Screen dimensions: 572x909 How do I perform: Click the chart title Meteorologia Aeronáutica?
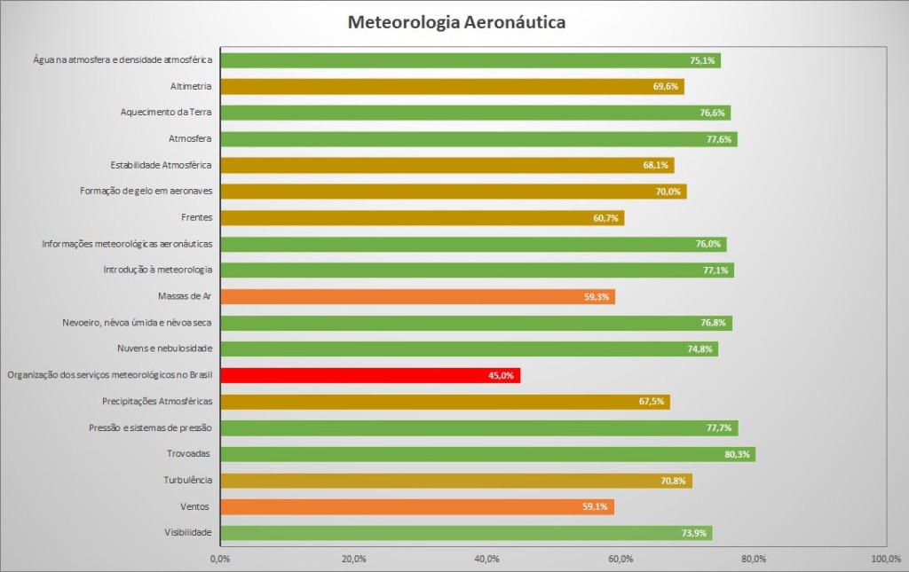[x=456, y=22]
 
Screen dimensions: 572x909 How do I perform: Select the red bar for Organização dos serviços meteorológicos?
[x=369, y=375]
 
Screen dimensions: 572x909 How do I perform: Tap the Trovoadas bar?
[x=487, y=454]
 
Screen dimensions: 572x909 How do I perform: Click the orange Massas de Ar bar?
[x=417, y=296]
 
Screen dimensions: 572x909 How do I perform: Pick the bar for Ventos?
[x=416, y=506]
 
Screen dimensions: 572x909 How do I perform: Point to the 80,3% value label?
[x=738, y=455]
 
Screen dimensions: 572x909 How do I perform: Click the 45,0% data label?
[x=501, y=376]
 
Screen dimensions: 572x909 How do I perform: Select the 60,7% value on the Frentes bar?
[x=605, y=218]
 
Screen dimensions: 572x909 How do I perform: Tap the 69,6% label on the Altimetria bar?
[x=665, y=87]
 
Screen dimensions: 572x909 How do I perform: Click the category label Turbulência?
[x=187, y=480]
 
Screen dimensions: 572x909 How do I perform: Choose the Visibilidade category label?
[x=187, y=532]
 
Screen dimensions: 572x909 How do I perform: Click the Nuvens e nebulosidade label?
[x=164, y=349]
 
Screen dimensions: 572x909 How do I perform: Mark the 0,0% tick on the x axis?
[x=220, y=559]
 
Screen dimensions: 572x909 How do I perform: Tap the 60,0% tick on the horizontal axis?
[x=620, y=559]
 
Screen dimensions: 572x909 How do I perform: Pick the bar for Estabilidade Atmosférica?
[x=447, y=165]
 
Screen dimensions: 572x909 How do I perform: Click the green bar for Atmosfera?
[x=478, y=139]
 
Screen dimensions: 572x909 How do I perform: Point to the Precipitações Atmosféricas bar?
[x=445, y=402]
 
